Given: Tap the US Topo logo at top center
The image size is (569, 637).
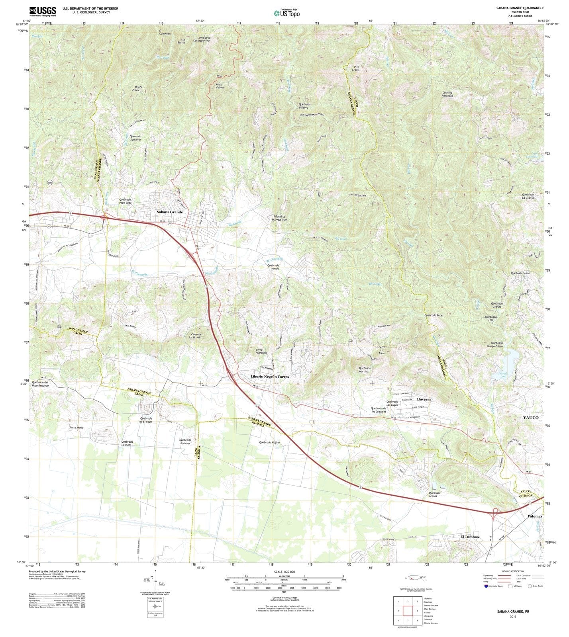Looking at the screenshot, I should (286, 13).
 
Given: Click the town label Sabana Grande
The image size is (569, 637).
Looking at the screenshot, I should (170, 212).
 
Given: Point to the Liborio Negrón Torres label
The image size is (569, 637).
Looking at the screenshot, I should (270, 376).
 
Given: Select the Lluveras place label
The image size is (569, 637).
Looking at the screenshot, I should (423, 399).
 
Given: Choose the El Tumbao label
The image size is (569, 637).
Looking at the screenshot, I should (469, 537).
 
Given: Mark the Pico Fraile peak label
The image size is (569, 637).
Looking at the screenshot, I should (356, 68).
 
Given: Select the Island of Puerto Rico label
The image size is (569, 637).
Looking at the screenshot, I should (279, 218).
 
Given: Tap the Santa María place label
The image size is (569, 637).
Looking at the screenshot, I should (77, 428).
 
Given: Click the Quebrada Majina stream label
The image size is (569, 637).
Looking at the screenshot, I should (269, 442).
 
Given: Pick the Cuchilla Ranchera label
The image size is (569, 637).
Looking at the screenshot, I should (447, 94).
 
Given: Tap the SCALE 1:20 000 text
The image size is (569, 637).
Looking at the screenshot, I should (284, 572).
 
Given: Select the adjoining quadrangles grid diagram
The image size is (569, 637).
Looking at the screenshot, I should (408, 611).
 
